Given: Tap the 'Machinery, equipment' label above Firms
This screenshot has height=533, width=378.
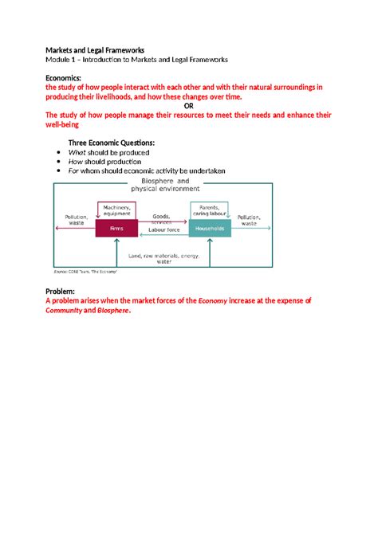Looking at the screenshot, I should point(116,210).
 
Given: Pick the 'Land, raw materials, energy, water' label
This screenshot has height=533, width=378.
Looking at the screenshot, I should point(163,257).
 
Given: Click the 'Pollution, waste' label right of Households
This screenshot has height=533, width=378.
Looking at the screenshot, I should point(250,220).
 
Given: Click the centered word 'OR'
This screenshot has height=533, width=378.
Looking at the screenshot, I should point(189,107).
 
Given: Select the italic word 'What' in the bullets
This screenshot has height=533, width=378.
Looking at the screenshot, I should point(86,151).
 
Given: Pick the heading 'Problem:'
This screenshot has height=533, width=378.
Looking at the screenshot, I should point(65,292).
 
